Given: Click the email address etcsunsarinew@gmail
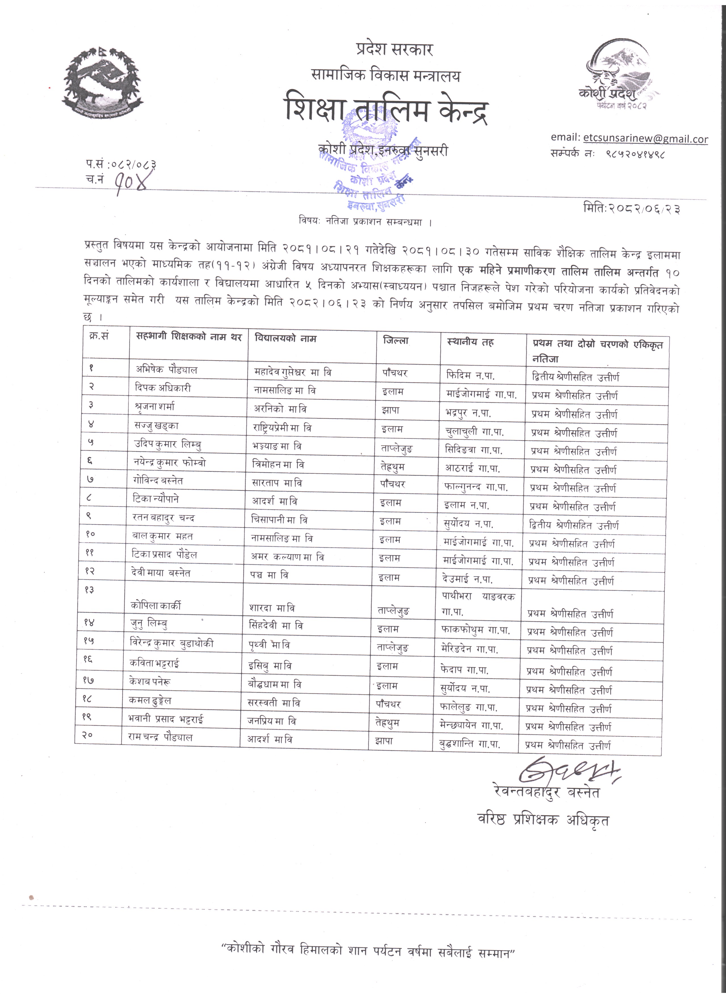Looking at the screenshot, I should [645, 139].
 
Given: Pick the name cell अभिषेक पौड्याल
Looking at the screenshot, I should [166, 370].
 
